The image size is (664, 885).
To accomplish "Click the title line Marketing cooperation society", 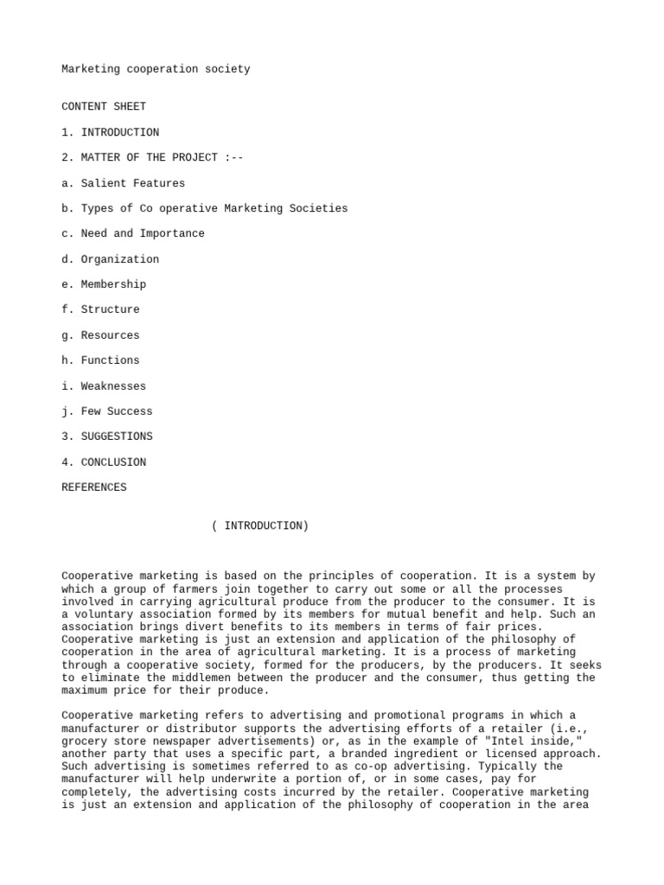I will pos(156,69).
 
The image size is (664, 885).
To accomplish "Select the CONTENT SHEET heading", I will pos(104,107).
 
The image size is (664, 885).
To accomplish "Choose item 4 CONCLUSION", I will pos(104,462).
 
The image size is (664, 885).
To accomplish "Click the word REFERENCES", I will pos(94,487).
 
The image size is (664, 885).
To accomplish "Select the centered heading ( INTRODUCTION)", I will pos(259,525).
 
